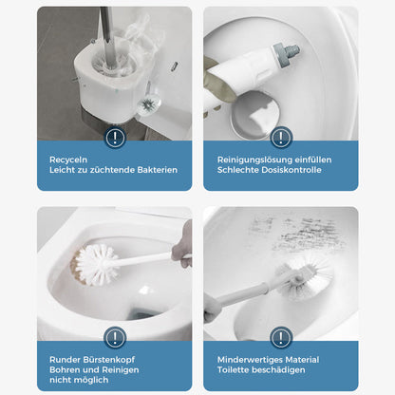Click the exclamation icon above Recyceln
coord(115,138)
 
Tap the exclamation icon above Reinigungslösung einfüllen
coord(280,138)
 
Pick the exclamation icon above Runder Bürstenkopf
coord(115,337)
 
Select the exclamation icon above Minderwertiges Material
coord(280,337)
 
